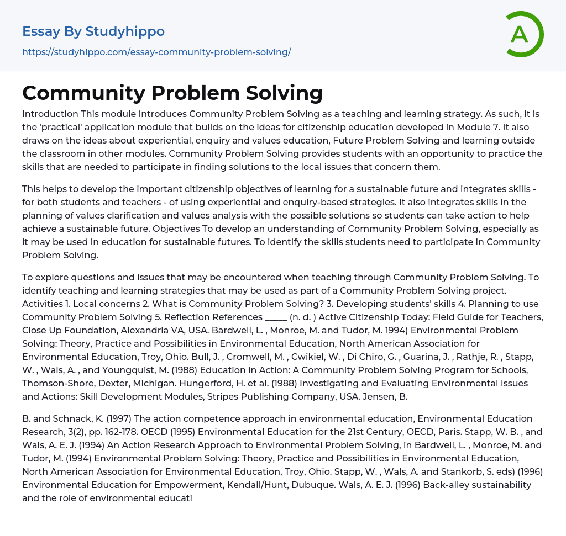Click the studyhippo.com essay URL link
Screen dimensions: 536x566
tap(156, 52)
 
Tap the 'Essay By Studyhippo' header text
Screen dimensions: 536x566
tap(93, 31)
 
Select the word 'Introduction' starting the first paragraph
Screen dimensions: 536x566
tap(50, 114)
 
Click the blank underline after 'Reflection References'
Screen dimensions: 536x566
tap(276, 317)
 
